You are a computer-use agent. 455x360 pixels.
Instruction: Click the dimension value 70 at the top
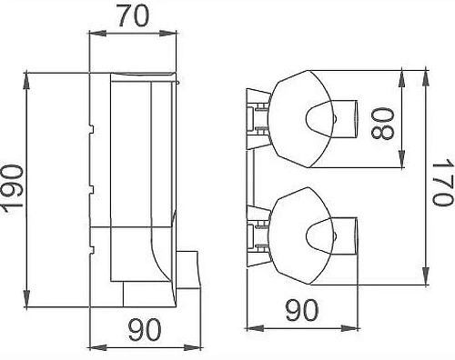click(x=133, y=15)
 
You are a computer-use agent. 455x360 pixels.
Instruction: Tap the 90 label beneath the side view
click(x=144, y=329)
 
